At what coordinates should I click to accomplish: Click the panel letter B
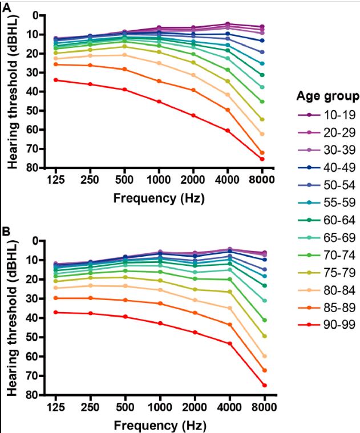(x=6, y=232)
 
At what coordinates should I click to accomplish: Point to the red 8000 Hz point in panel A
(x=262, y=159)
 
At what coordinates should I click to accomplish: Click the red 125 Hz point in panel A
(x=55, y=80)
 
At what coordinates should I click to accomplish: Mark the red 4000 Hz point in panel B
(x=229, y=343)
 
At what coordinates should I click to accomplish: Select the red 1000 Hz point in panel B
(x=160, y=323)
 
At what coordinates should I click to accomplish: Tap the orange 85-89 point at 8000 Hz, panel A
(x=262, y=152)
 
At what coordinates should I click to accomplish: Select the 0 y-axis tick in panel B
(x=38, y=241)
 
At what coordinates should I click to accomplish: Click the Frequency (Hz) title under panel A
(x=158, y=199)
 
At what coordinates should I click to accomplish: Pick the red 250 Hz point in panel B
(x=90, y=313)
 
